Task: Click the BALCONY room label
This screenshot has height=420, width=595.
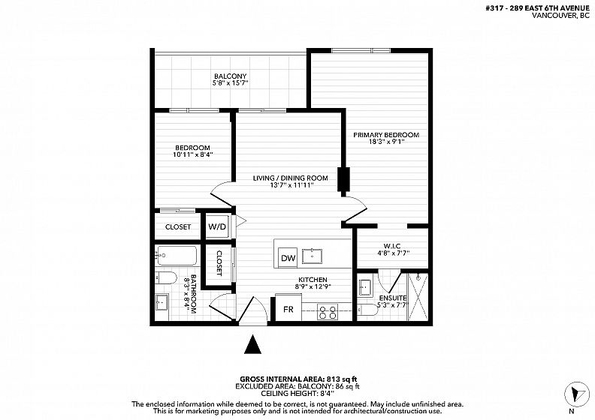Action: (x=231, y=76)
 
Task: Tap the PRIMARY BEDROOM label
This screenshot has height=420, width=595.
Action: (x=386, y=135)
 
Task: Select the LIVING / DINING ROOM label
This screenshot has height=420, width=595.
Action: (x=290, y=178)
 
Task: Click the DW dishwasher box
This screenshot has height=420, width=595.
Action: (x=288, y=258)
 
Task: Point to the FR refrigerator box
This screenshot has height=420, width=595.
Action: (x=288, y=309)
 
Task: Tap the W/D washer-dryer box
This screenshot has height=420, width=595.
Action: (x=217, y=226)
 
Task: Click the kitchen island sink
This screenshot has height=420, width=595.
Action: (x=312, y=256)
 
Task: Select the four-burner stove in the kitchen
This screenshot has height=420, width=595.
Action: (x=328, y=313)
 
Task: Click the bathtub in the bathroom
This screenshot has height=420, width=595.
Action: (x=177, y=256)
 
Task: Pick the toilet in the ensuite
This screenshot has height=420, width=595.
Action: (x=368, y=310)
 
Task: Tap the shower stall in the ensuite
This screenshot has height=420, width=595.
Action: (x=418, y=296)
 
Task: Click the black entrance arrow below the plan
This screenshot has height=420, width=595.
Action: (x=252, y=344)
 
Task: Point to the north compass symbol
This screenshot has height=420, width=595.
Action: (x=577, y=394)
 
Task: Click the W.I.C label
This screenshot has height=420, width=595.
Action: (x=392, y=246)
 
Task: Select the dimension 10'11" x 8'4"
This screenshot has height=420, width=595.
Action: (x=193, y=154)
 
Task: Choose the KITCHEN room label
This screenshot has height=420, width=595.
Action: (x=313, y=280)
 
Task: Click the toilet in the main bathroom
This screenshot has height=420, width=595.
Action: (x=166, y=278)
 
